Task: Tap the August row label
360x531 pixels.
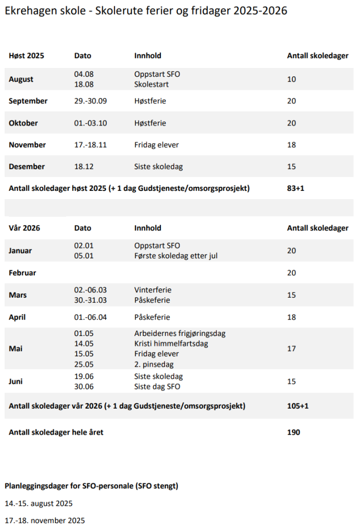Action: pyautogui.click(x=21, y=79)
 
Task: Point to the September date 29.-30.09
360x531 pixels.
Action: pyautogui.click(x=90, y=101)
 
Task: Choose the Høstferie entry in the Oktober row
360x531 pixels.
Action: pyautogui.click(x=151, y=123)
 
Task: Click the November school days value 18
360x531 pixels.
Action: pyautogui.click(x=292, y=145)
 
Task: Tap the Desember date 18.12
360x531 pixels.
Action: pyautogui.click(x=84, y=166)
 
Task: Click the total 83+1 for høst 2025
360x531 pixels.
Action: pyautogui.click(x=295, y=188)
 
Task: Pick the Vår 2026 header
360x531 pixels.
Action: pyautogui.click(x=24, y=228)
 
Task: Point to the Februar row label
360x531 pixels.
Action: pyautogui.click(x=22, y=272)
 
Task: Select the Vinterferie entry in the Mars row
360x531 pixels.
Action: pyautogui.click(x=153, y=290)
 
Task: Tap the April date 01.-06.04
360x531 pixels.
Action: pyautogui.click(x=90, y=317)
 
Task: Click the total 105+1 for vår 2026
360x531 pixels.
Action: pyautogui.click(x=297, y=406)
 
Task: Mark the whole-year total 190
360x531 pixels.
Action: pyautogui.click(x=293, y=432)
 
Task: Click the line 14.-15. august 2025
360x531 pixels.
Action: pyautogui.click(x=38, y=503)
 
